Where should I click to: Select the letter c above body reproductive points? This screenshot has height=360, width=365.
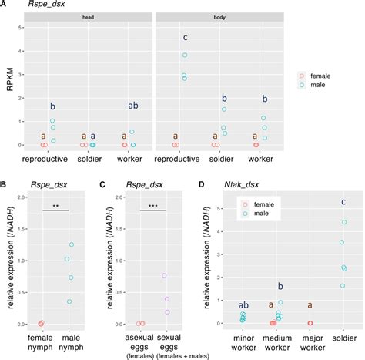pos(185,38)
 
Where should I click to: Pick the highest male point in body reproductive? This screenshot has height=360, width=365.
pos(185,55)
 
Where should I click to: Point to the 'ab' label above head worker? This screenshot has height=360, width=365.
pos(132,106)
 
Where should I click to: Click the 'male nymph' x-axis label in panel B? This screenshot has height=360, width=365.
pos(72,344)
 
